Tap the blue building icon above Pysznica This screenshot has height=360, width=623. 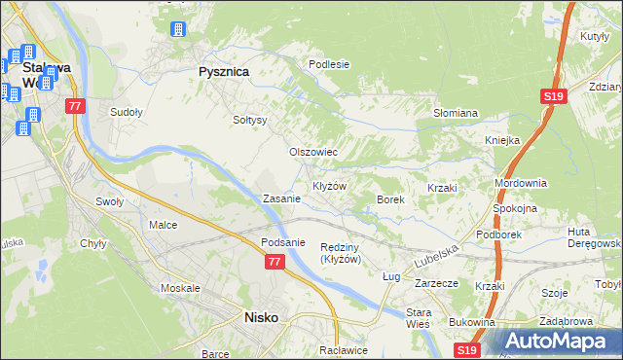[x=177, y=29]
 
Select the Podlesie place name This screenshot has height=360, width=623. [x=328, y=64]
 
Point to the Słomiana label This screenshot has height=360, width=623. [x=455, y=113]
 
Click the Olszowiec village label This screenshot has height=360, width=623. [x=313, y=153]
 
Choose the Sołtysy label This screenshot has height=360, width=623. [x=250, y=120]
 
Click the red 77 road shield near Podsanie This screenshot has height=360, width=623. [x=275, y=262]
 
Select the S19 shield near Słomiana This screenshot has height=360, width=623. [x=553, y=96]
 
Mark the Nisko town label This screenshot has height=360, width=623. [x=262, y=317]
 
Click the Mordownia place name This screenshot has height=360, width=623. [x=521, y=183]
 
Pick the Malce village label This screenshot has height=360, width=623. [x=163, y=225]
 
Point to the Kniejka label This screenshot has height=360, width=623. [x=502, y=140]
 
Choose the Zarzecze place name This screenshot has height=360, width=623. [x=436, y=284]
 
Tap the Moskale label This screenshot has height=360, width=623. [x=180, y=289]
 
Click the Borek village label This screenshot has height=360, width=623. [x=390, y=198]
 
